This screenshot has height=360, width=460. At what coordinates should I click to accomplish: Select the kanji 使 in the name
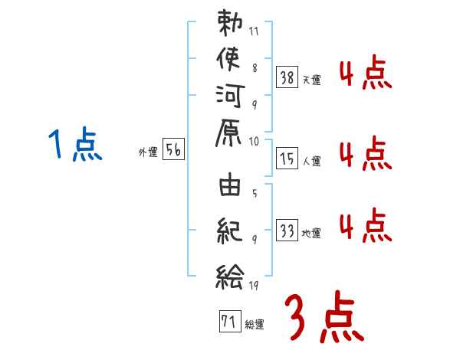(230, 60)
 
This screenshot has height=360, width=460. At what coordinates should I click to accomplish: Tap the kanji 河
(230, 96)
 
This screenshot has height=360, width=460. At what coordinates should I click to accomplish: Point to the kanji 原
(230, 133)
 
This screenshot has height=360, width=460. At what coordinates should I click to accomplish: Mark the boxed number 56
(174, 152)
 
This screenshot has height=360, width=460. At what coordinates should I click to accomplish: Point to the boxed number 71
(228, 322)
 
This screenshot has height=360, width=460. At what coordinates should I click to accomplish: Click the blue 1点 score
(74, 145)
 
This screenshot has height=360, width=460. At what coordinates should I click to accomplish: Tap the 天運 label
(312, 79)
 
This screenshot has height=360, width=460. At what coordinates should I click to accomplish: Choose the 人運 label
(312, 161)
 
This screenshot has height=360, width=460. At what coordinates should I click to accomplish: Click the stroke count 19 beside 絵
(254, 285)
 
